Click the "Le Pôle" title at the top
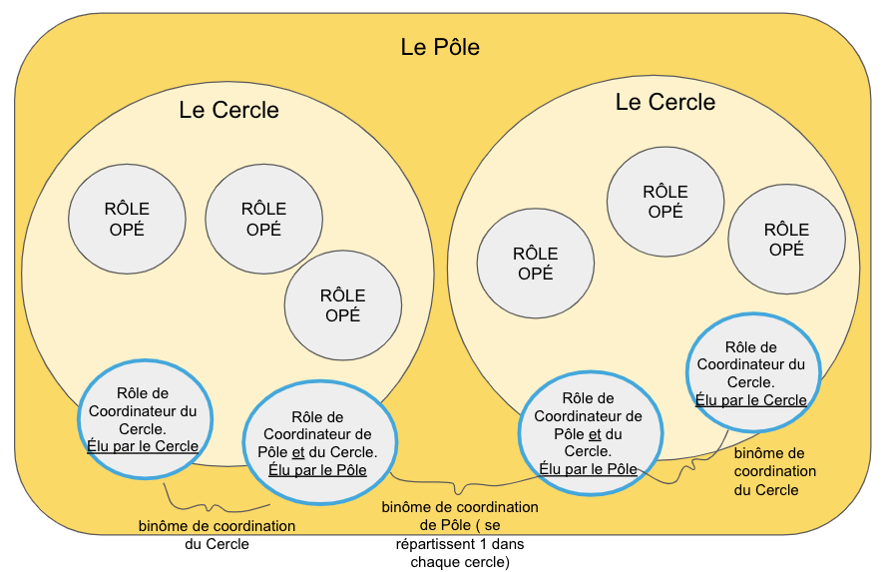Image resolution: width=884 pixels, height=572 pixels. click(440, 48)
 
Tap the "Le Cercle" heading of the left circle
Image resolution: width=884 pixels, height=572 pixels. click(228, 110)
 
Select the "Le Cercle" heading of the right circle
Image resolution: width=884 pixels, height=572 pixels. click(664, 102)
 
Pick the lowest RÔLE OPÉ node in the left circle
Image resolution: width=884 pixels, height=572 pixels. click(342, 304)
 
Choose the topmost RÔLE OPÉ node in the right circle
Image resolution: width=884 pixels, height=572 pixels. click(664, 201)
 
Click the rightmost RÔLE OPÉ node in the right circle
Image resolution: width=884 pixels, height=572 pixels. click(786, 240)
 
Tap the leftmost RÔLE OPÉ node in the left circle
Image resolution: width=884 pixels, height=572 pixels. click(127, 219)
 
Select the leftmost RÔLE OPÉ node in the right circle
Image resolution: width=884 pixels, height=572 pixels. click(536, 264)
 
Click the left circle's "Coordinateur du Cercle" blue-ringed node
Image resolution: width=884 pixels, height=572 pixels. click(143, 419)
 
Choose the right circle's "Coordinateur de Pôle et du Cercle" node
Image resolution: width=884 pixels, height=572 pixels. click(588, 433)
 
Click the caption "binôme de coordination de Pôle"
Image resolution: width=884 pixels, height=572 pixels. click(459, 516)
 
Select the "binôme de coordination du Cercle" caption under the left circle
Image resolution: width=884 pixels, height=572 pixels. click(217, 535)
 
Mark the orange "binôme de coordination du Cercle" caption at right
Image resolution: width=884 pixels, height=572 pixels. click(774, 471)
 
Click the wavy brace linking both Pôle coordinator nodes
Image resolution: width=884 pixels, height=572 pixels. click(459, 488)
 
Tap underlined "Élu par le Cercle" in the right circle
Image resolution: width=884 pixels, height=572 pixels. click(751, 400)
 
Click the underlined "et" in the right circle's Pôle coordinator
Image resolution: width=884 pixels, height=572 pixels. click(595, 433)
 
